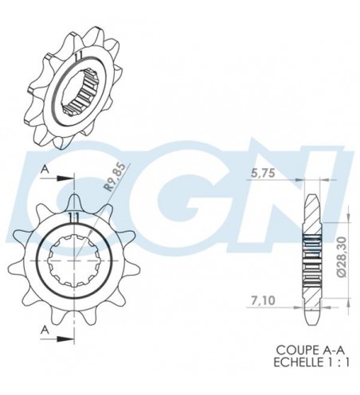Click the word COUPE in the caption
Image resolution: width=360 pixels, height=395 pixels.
290,349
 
